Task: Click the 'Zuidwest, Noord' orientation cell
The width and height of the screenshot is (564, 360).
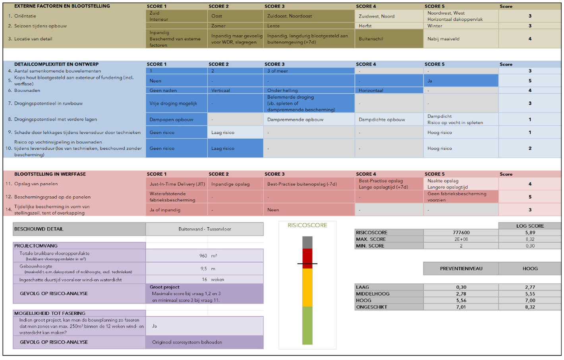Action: (377, 16)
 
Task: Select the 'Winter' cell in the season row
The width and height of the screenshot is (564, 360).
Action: (435, 26)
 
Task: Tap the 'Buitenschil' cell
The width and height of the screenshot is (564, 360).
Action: (371, 39)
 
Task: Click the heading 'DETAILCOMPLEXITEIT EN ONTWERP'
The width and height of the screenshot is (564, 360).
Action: (56, 64)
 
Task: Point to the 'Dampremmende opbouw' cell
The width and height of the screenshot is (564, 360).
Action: (295, 119)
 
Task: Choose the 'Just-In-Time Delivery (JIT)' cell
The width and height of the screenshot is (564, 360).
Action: (177, 184)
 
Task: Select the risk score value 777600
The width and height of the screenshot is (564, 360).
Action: (461, 232)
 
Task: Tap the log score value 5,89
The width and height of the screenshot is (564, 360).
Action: (530, 232)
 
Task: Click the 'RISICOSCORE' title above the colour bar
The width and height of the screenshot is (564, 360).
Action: (307, 225)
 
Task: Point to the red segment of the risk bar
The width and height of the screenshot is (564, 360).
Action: (307, 256)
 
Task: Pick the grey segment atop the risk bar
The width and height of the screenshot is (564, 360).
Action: (307, 242)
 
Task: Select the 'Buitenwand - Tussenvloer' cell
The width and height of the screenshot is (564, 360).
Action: (205, 229)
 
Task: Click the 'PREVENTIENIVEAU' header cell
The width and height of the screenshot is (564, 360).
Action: (461, 269)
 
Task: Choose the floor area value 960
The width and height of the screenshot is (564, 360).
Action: (203, 256)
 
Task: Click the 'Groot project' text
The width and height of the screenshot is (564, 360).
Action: (164, 287)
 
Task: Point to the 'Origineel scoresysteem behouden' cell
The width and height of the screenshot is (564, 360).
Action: (187, 342)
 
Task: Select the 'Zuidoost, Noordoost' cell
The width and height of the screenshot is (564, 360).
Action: (290, 16)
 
